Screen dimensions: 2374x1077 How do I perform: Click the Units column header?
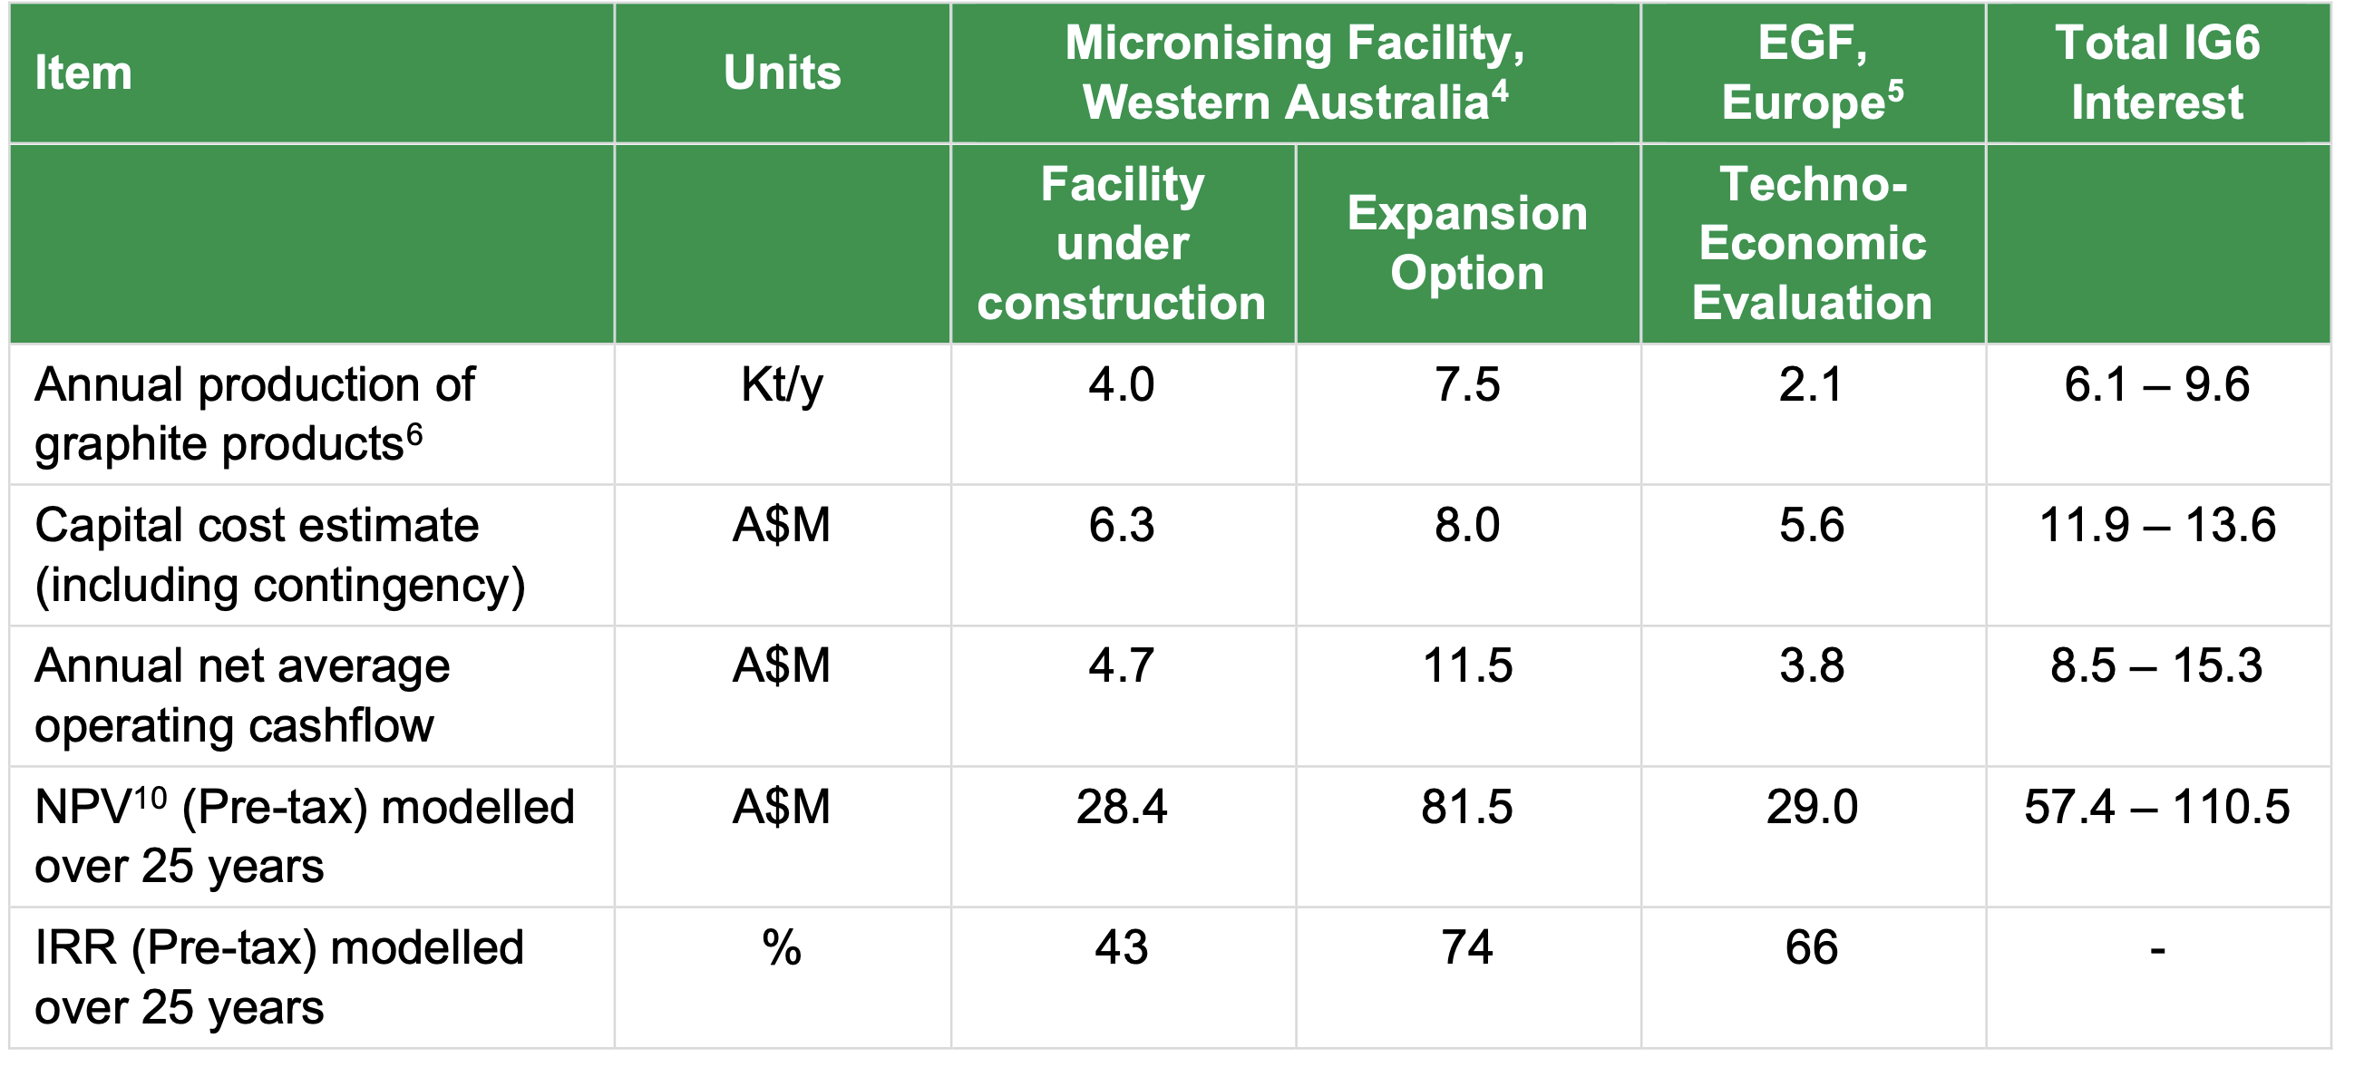[x=782, y=73]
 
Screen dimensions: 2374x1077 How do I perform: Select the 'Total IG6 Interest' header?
[x=2157, y=73]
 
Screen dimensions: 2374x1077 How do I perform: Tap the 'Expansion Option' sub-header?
[x=1467, y=243]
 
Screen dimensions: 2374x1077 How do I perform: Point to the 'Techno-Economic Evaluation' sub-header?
[x=1812, y=243]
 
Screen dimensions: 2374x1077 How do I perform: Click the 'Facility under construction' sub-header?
[x=1122, y=243]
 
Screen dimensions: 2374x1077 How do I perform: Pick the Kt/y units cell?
[x=782, y=385]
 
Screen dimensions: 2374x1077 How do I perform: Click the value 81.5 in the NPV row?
[x=1467, y=807]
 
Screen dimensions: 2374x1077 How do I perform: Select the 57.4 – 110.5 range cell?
[x=2157, y=807]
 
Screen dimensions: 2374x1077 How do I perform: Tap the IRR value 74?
[x=1467, y=948]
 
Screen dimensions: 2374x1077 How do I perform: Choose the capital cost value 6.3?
[x=1122, y=525]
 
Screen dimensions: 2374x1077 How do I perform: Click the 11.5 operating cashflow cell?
[x=1467, y=666]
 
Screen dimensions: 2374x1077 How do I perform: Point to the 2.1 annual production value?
[x=1811, y=384]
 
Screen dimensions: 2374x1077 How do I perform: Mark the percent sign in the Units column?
[x=782, y=948]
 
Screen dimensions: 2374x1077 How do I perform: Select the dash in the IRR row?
[x=2157, y=950]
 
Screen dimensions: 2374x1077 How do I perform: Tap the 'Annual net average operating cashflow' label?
[x=242, y=695]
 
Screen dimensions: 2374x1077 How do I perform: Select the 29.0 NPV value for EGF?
[x=1812, y=807]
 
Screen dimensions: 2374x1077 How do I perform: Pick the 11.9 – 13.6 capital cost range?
[x=2157, y=525]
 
